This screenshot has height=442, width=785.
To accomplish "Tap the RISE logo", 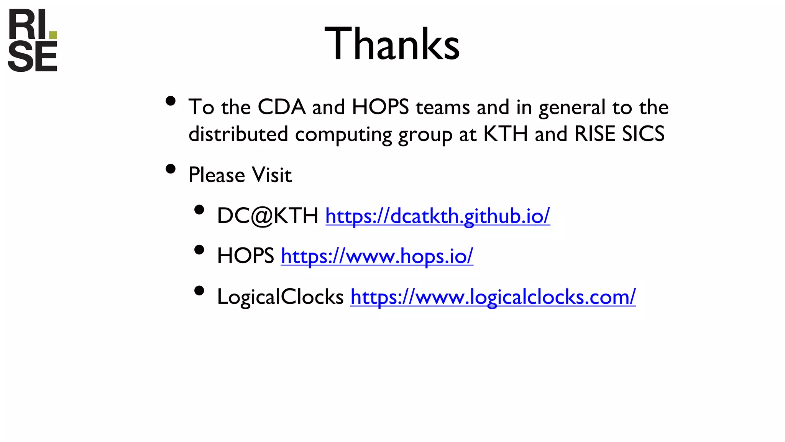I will coord(32,40).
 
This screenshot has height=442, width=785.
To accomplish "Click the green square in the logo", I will coord(53,35).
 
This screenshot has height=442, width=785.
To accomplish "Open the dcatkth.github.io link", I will coord(437,216).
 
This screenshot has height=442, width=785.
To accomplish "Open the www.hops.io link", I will coord(377,256).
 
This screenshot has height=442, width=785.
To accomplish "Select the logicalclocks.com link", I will coord(493,297).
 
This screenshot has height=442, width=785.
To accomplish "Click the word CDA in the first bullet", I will coord(281,107).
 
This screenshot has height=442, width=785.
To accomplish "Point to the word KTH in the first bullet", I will coord(506,134).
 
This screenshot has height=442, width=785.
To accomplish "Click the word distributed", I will coord(238,134).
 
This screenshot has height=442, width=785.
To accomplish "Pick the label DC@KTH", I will coord(268,216).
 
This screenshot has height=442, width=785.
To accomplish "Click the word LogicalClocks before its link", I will coord(280,297).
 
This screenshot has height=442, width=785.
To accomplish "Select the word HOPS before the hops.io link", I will coord(245,256).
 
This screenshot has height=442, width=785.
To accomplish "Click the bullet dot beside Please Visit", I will coord(171,169).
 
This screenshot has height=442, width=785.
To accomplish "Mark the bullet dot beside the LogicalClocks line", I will coord(199,290).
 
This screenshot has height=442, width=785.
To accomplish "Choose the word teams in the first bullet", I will coord(443,107).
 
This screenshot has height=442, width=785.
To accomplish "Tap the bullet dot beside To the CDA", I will coord(171,101).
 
